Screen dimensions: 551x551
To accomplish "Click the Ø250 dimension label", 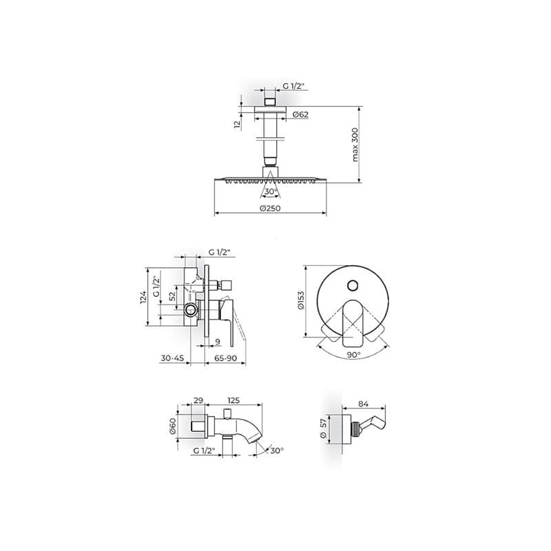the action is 270,208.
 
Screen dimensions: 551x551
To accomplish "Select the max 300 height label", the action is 355,145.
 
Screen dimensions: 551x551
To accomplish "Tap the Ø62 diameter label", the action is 300,114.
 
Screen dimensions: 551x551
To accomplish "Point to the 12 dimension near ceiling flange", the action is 238,125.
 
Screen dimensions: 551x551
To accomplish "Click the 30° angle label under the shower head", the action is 271,191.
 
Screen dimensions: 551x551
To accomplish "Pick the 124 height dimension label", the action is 143,298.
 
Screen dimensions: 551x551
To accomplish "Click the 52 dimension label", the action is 171,296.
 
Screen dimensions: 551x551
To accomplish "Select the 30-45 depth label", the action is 172,358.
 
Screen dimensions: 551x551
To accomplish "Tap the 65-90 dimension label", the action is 225,358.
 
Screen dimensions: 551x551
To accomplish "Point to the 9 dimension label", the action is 218,342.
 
